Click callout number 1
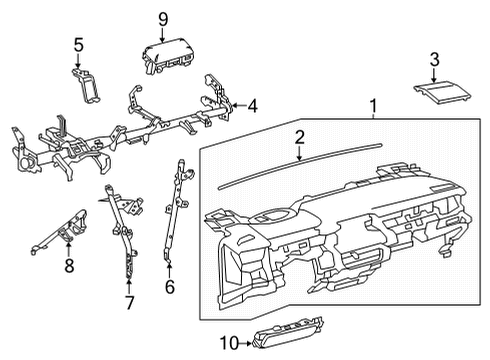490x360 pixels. [374, 106]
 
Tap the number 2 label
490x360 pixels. [299, 137]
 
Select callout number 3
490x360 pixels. [434, 60]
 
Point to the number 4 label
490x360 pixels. [253, 106]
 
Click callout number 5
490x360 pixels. [79, 45]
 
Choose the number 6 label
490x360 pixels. [170, 287]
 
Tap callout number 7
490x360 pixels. [129, 303]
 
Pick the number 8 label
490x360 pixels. [69, 265]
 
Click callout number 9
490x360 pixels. [163, 20]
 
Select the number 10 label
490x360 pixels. [230, 343]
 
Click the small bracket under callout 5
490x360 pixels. [86, 86]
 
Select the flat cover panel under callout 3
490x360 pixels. [443, 93]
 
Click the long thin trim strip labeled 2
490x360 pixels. [300, 166]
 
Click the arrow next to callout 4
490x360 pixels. [239, 106]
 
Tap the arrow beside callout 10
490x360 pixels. [247, 343]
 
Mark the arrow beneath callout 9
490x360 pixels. [163, 35]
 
